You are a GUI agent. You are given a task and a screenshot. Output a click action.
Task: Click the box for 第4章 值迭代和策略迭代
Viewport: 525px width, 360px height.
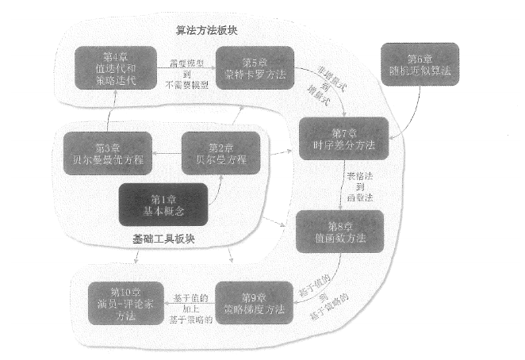tap(114, 67)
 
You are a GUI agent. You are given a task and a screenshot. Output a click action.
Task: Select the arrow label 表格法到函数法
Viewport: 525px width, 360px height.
tap(359, 186)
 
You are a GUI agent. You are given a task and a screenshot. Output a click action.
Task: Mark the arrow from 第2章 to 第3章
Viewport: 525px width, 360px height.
tap(167, 153)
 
